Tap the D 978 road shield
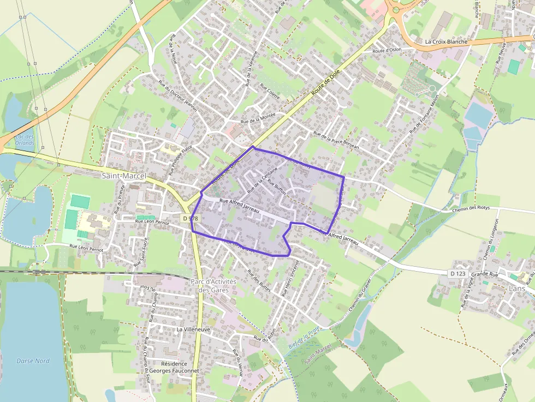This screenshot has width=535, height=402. tap(190, 218)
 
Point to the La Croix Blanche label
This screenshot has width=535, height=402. tap(446, 41)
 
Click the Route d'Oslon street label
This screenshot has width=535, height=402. tap(387, 51)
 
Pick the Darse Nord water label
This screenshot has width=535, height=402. tap(33, 361)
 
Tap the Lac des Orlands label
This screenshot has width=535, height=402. tap(25, 140)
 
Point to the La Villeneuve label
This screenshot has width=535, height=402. tap(189, 330)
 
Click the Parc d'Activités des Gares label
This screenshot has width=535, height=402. tap(213, 286)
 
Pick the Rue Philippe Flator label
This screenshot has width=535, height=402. tap(181, 159)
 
